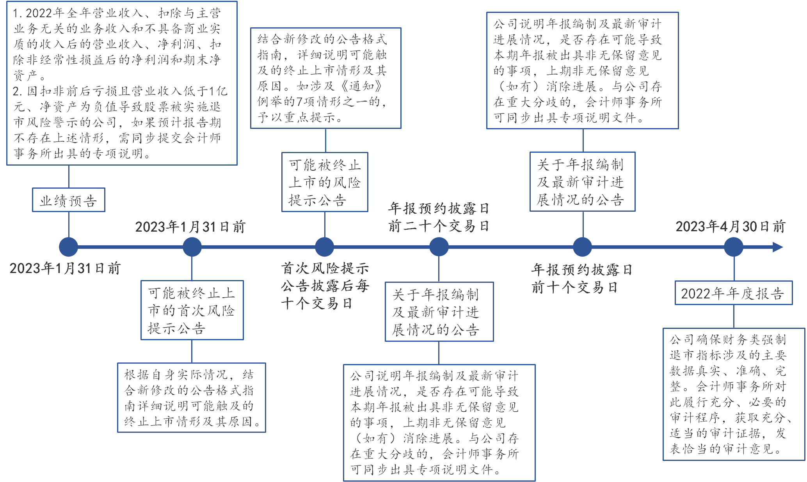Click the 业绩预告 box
coord(68,200)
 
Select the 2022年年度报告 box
coord(733,293)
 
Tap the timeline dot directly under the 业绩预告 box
coord(68,247)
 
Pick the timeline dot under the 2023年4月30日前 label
coord(733,247)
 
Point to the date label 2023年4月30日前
coord(730,227)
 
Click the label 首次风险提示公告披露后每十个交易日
coord(324,286)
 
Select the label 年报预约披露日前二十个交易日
coord(438,217)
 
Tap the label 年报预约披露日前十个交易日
coord(581,278)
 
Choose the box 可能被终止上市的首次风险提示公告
coord(192,310)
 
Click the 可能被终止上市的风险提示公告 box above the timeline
coord(325,182)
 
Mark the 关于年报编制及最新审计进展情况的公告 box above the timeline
coord(582,182)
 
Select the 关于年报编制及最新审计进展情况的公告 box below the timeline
coord(439,312)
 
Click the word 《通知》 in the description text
coord(362,86)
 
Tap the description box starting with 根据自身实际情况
coord(191,398)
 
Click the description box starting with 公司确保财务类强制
coord(733,394)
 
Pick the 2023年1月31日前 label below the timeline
coord(65,268)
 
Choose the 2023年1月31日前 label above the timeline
coord(190,227)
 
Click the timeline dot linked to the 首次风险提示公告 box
coord(192,247)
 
